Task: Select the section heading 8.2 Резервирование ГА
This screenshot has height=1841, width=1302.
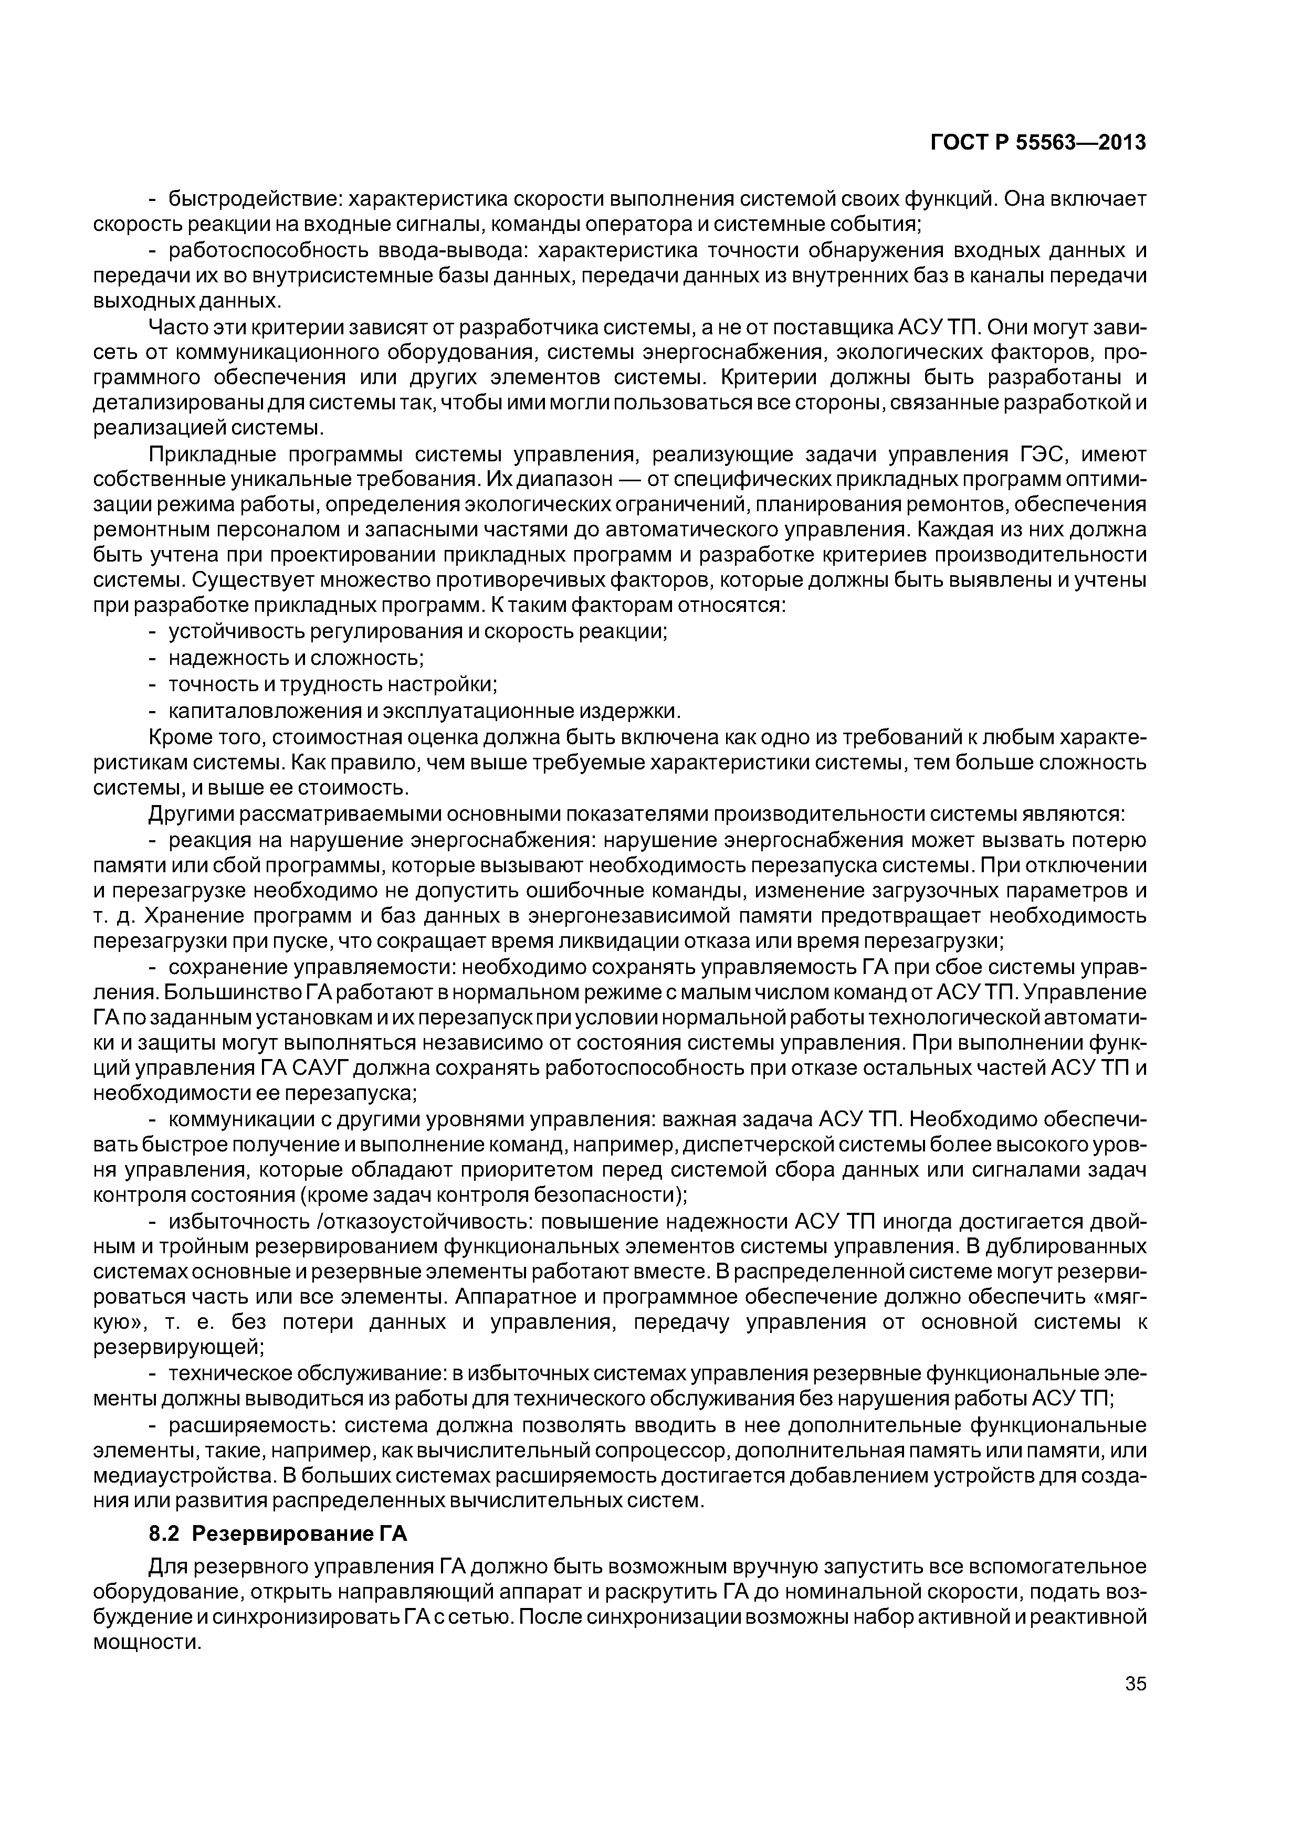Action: [x=278, y=1534]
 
